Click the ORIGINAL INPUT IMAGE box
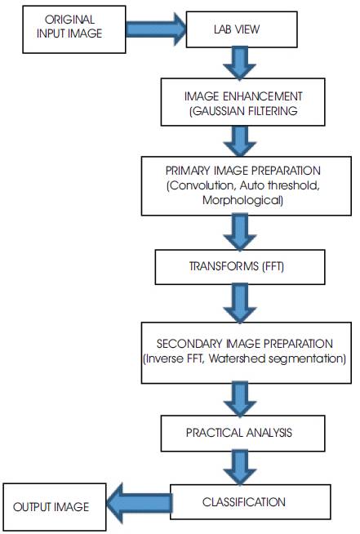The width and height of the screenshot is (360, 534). click(x=74, y=29)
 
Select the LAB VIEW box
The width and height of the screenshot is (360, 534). click(x=242, y=29)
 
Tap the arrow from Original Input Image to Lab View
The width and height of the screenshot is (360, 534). click(x=156, y=29)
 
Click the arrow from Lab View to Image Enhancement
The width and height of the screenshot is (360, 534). click(x=240, y=64)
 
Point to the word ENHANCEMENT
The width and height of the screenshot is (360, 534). click(x=263, y=96)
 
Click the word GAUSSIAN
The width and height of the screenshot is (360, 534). click(x=217, y=111)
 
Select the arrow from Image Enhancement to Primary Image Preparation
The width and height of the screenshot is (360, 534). click(x=240, y=141)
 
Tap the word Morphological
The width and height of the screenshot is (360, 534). click(x=242, y=200)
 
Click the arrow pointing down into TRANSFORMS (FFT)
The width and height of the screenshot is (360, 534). click(x=240, y=232)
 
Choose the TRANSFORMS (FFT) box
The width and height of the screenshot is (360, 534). click(x=240, y=267)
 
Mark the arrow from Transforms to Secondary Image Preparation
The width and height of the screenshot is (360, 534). click(x=240, y=304)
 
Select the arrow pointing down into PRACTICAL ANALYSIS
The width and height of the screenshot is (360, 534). click(x=240, y=399)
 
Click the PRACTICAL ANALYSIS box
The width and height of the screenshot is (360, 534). click(x=242, y=434)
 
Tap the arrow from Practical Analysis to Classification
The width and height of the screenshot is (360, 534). click(x=240, y=468)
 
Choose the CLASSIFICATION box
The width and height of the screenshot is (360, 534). click(x=251, y=502)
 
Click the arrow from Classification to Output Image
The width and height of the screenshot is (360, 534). click(x=139, y=503)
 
